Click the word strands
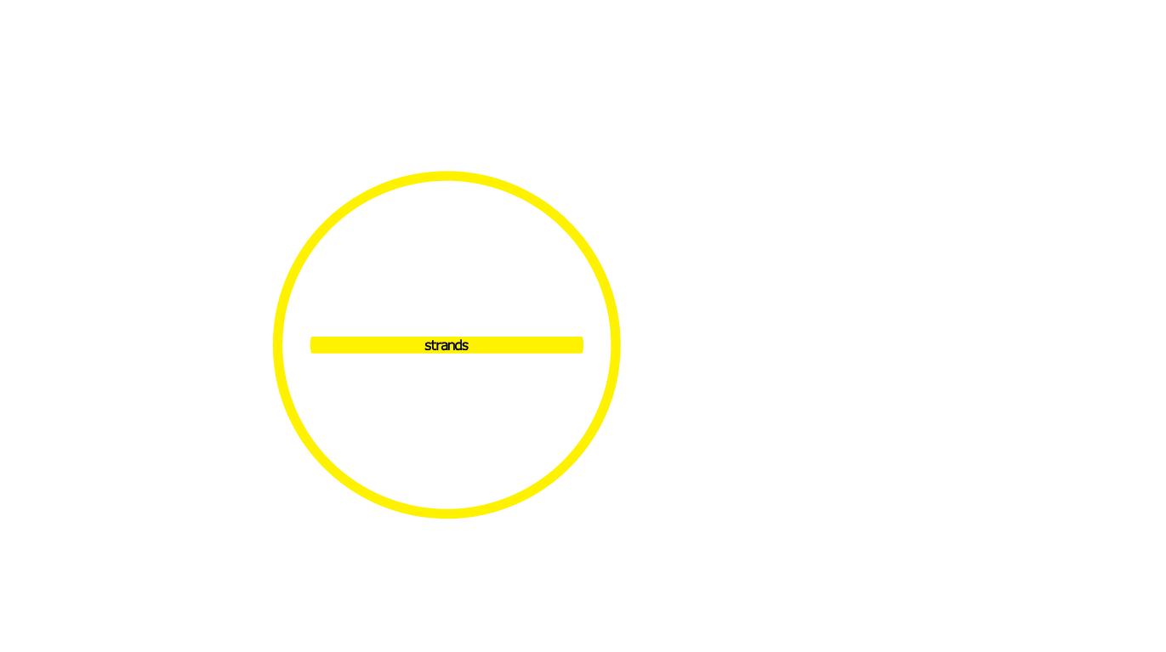(446, 345)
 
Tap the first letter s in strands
(428, 346)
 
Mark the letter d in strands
(458, 345)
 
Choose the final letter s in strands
(465, 346)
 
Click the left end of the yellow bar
(312, 345)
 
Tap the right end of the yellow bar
(582, 345)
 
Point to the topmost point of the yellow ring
(446, 176)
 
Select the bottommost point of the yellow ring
(446, 513)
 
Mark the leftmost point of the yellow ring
(277, 345)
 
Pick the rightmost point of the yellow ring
(616, 345)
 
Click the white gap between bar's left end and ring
(296, 345)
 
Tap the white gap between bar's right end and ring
(597, 345)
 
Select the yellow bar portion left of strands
(366, 345)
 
